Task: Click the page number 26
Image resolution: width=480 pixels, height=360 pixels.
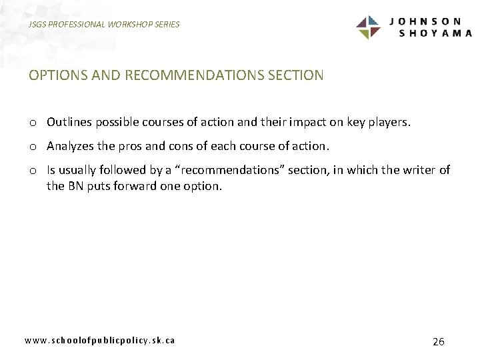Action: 438,341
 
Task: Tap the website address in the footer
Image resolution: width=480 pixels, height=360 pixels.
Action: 100,340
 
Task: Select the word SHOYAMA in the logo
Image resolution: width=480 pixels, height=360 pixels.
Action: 435,33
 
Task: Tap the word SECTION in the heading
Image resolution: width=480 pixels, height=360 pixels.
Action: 295,75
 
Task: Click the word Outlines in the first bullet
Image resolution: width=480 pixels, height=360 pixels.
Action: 69,123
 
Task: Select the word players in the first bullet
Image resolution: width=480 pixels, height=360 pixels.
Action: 391,123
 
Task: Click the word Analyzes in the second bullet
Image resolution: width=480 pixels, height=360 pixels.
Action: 71,146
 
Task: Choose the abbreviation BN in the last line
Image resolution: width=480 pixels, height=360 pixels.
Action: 75,186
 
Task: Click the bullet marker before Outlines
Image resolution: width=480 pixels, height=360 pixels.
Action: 33,123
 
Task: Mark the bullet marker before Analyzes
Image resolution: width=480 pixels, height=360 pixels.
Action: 33,147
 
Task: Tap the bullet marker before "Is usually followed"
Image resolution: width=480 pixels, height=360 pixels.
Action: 33,171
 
